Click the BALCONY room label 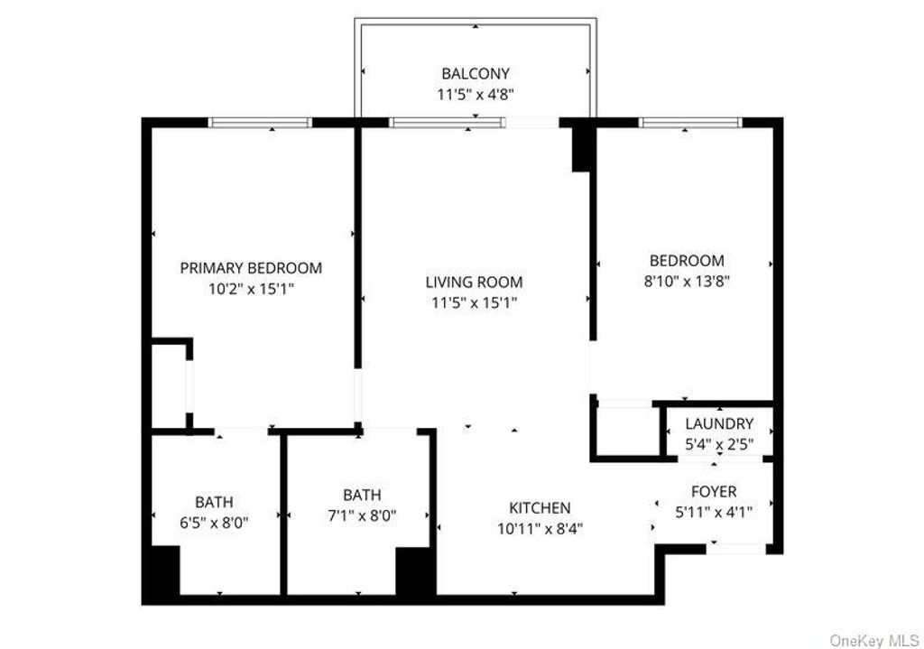tap(475, 73)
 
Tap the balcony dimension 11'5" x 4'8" tap(475, 93)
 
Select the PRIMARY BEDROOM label tap(251, 268)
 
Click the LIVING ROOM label tap(474, 283)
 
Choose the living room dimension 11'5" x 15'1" tap(474, 302)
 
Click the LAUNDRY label tap(718, 423)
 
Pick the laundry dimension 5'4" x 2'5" tap(718, 443)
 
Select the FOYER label tap(714, 492)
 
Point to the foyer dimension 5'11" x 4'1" tap(714, 512)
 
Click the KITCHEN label tap(540, 508)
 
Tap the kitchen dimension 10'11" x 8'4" tap(540, 529)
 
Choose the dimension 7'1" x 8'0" tap(362, 515)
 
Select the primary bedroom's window tap(260, 123)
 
